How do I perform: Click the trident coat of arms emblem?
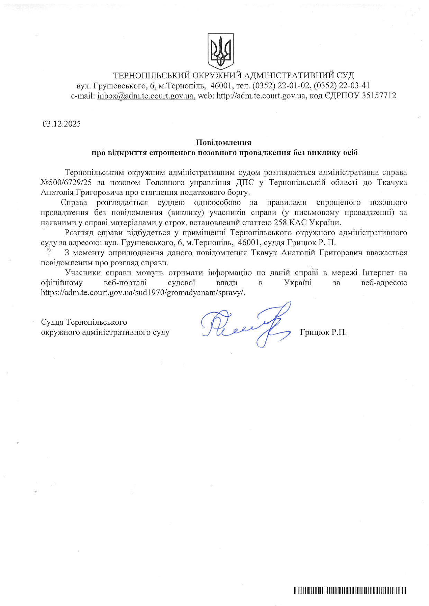pos(220,51)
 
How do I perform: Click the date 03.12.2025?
pos(62,124)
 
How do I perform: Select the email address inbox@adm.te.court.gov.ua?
pos(146,96)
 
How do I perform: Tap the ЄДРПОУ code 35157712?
pos(379,96)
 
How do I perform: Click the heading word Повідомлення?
pos(223,142)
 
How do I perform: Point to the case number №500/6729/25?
pos(66,182)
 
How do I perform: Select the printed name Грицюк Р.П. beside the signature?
pos(323,332)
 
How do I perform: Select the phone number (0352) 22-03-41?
pos(342,85)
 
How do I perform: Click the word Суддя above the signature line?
pos(52,322)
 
